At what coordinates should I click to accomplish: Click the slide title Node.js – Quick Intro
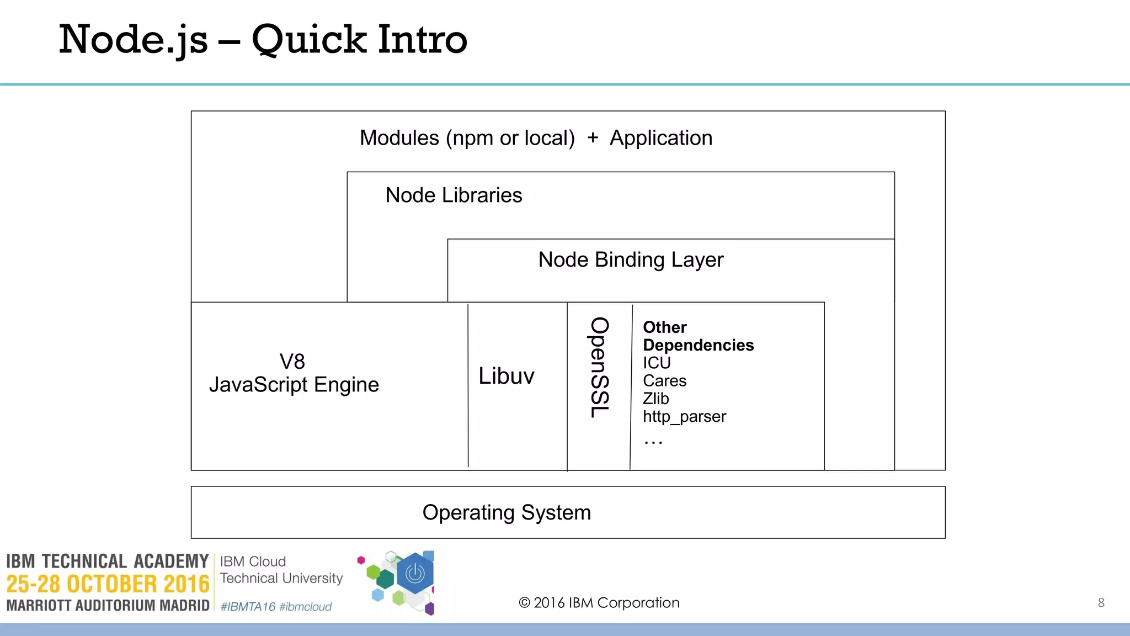(x=263, y=40)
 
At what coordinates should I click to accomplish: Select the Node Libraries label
(x=453, y=195)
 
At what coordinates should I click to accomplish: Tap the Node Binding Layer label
(x=630, y=260)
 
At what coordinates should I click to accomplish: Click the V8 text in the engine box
(x=292, y=362)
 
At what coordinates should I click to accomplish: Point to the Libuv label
(x=506, y=377)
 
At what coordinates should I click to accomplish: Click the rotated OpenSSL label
(x=600, y=367)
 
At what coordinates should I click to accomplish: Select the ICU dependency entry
(x=657, y=363)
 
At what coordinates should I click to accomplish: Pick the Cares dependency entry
(x=664, y=381)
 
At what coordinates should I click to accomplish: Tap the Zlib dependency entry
(x=655, y=399)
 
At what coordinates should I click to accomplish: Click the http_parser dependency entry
(x=684, y=416)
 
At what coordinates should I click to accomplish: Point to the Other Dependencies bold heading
(x=697, y=336)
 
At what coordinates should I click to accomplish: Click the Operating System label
(x=506, y=513)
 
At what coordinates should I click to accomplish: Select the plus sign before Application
(x=593, y=137)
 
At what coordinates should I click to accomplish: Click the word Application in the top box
(x=660, y=138)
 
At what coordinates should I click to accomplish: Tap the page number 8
(x=1101, y=603)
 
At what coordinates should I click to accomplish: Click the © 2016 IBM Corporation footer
(x=599, y=603)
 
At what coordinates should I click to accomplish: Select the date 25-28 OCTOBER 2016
(x=108, y=584)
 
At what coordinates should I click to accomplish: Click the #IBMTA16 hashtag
(x=248, y=607)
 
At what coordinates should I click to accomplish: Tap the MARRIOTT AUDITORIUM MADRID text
(x=108, y=606)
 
